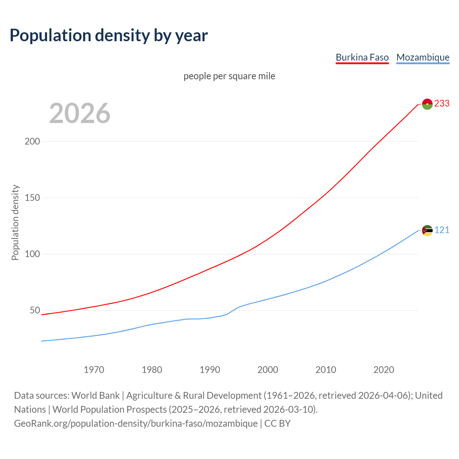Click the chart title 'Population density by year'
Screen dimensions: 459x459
pos(109,36)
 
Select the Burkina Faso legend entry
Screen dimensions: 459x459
pos(362,57)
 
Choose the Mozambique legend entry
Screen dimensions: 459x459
pos(423,57)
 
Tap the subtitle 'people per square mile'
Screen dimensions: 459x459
pos(229,76)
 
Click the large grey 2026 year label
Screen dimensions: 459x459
pos(80,113)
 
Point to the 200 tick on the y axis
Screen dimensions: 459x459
pos(32,141)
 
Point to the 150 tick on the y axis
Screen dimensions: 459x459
pos(32,198)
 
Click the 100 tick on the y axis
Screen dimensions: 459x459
pos(32,254)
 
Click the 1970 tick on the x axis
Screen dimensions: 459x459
pos(94,370)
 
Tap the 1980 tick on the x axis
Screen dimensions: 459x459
pos(152,370)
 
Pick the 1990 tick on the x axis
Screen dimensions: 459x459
pos(210,370)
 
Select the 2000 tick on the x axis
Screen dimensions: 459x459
pos(268,370)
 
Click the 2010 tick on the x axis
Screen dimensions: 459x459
pos(326,370)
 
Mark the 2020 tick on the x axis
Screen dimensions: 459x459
pos(384,370)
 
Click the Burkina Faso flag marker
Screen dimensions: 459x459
pos(427,104)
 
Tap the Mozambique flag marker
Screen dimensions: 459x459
pos(427,231)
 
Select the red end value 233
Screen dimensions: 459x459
pos(442,104)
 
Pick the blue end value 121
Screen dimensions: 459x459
pos(442,230)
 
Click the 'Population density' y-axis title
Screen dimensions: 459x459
pos(15,222)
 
